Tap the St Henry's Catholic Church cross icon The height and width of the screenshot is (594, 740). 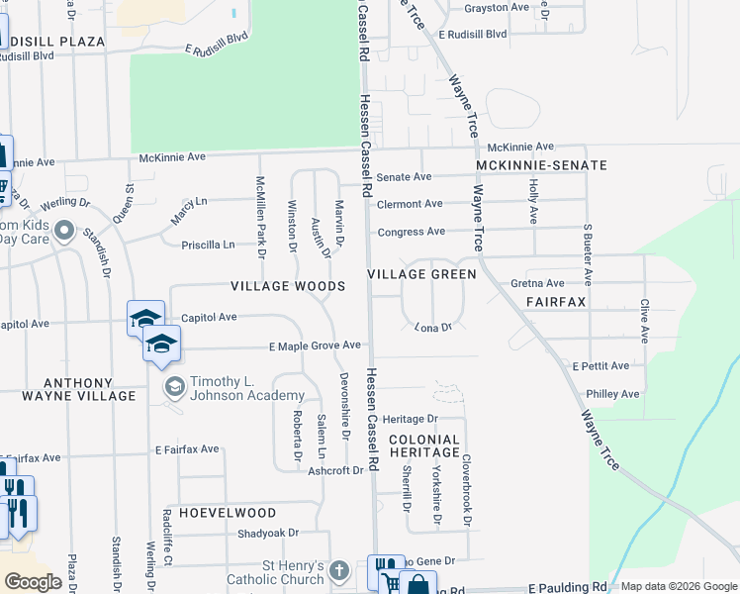(339, 570)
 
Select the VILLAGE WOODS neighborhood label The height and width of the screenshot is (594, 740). (288, 286)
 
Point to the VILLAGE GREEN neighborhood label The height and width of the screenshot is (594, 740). (421, 273)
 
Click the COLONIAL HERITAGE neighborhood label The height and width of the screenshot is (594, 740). (423, 445)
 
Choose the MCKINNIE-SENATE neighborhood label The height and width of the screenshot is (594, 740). (541, 164)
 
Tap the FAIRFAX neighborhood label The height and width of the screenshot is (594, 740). (556, 300)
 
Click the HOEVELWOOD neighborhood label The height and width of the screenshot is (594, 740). (220, 513)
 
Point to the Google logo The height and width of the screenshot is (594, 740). (32, 582)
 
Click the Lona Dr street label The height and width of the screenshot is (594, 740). (432, 327)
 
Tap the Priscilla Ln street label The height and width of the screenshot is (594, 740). (208, 245)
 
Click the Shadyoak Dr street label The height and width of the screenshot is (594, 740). (268, 533)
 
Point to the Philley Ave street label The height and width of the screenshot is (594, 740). (612, 394)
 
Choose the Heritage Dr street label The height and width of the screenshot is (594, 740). (410, 420)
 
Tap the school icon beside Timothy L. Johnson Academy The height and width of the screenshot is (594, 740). (174, 386)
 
